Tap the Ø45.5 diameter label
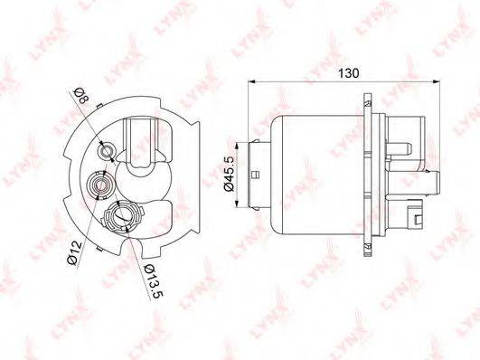[x=230, y=173]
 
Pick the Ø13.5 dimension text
[x=155, y=280]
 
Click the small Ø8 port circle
[x=107, y=151]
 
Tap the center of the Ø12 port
[x=99, y=185]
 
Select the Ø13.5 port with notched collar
[x=123, y=217]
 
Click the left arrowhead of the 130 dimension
[x=251, y=81]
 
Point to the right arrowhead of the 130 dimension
[x=437, y=81]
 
